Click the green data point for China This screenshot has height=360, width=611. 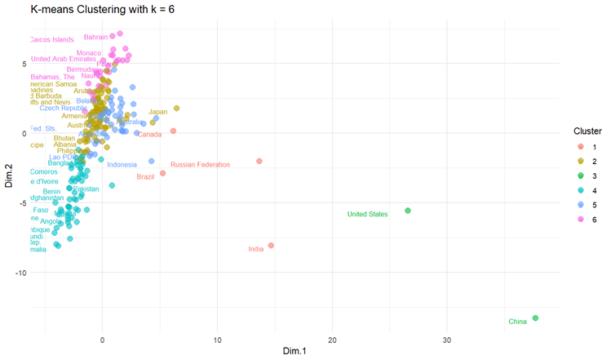click(x=535, y=318)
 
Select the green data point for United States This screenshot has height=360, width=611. click(x=408, y=211)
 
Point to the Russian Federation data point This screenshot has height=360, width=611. click(x=259, y=162)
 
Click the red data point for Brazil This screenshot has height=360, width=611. click(x=163, y=173)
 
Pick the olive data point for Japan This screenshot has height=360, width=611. click(x=176, y=108)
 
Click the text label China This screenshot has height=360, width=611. click(x=517, y=322)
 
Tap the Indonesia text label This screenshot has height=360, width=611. click(x=122, y=165)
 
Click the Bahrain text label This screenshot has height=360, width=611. click(x=95, y=38)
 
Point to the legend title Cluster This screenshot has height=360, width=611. click(x=587, y=131)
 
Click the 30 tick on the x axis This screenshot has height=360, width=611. click(x=447, y=339)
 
